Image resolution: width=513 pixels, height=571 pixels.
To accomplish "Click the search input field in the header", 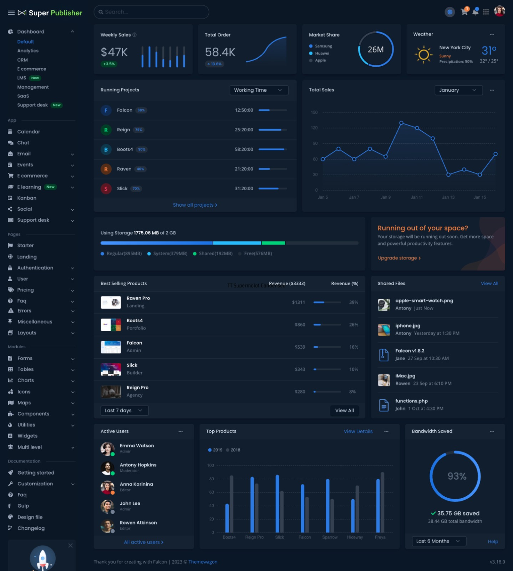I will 151,12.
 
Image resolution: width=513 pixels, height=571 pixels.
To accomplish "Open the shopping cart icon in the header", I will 464,12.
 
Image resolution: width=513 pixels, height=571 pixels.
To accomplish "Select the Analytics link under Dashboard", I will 28,51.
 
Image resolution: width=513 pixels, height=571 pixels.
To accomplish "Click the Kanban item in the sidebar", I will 27,198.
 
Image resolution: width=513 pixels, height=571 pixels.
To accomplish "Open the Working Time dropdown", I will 259,90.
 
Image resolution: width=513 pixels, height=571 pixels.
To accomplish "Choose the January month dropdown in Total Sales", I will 458,90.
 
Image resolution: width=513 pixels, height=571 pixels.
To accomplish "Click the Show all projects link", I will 195,205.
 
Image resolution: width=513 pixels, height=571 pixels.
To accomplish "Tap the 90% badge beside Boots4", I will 142,150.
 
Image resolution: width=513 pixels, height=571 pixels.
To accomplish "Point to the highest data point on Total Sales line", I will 401,123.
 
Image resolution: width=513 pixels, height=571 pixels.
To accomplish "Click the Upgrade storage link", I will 399,258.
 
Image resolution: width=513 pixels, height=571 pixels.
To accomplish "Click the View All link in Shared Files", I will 489,283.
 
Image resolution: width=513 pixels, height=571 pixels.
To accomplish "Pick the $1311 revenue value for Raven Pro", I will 298,302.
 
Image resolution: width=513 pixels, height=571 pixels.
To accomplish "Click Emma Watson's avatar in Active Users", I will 107,449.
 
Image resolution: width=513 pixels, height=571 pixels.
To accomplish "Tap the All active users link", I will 143,542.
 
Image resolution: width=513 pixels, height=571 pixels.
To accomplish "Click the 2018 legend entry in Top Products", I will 233,450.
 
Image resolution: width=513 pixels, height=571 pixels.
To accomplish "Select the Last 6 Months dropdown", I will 438,541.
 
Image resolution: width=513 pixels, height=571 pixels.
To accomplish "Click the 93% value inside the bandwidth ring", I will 457,476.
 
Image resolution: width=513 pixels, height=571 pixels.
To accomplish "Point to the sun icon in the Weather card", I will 423,55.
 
